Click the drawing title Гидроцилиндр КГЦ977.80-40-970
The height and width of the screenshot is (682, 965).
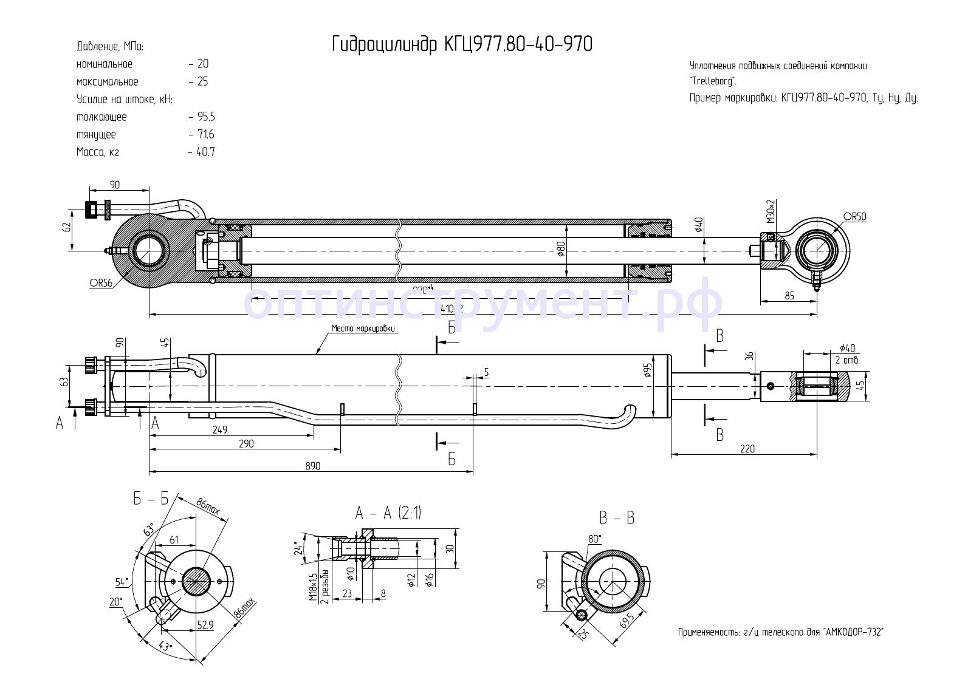(462, 44)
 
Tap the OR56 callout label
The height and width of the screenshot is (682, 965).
(101, 284)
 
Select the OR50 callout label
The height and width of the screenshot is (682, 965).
(854, 217)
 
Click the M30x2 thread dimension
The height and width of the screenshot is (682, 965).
(771, 211)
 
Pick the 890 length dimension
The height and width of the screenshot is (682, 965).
(312, 466)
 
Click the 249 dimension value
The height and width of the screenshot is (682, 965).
(220, 430)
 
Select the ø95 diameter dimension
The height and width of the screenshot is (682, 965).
(647, 370)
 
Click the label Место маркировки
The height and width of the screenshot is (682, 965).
(363, 329)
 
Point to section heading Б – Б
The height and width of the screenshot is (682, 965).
(151, 499)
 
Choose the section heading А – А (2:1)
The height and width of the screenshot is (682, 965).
(388, 513)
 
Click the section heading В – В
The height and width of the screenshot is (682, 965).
(616, 518)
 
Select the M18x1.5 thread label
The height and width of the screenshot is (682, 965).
(312, 586)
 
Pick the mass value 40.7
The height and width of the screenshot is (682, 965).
(205, 152)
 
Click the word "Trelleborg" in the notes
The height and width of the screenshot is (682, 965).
(713, 81)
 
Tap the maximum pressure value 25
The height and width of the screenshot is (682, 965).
(203, 81)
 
